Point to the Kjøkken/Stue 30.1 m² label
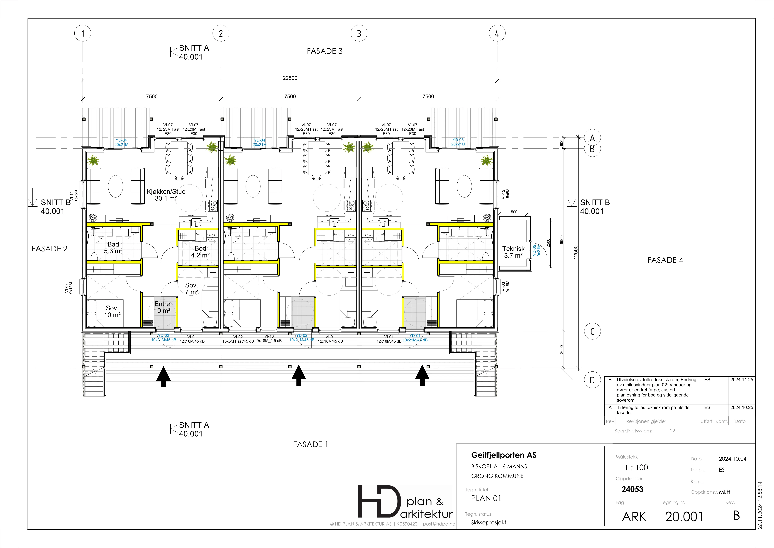click(166, 195)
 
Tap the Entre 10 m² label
click(162, 307)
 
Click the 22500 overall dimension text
click(290, 78)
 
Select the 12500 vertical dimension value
click(576, 252)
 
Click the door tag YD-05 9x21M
click(536, 250)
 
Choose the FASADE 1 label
click(310, 444)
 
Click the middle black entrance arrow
click(298, 375)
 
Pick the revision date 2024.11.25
click(742, 380)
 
